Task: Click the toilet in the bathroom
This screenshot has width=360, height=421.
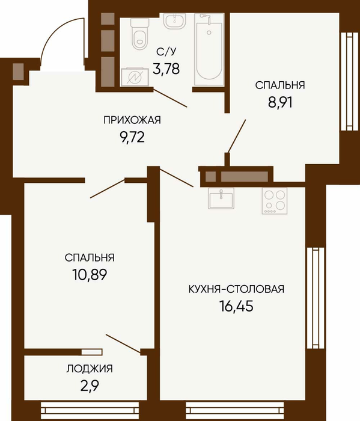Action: click(139, 33)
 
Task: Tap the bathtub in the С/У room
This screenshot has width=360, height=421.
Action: click(209, 49)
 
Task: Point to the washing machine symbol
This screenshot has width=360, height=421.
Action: click(135, 77)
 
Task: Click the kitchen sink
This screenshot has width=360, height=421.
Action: click(221, 198)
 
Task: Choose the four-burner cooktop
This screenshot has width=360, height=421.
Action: click(275, 201)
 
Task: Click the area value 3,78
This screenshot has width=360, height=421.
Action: click(166, 69)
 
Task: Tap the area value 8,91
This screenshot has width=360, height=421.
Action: click(280, 102)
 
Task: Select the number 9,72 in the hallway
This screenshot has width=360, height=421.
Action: click(132, 138)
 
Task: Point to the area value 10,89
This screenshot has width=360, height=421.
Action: click(90, 274)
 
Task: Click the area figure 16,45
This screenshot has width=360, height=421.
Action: click(236, 306)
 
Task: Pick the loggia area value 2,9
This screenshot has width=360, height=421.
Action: click(90, 386)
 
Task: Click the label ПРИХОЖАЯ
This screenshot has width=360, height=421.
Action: click(132, 120)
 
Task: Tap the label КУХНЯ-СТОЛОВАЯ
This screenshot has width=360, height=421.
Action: click(236, 289)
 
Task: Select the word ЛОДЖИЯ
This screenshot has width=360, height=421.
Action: click(90, 369)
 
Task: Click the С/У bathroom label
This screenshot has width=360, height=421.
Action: click(166, 52)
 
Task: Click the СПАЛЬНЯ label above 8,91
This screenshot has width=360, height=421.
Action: click(280, 85)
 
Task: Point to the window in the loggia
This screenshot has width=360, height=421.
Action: click(90, 411)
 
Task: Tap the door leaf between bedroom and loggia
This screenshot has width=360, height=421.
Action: click(123, 344)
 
